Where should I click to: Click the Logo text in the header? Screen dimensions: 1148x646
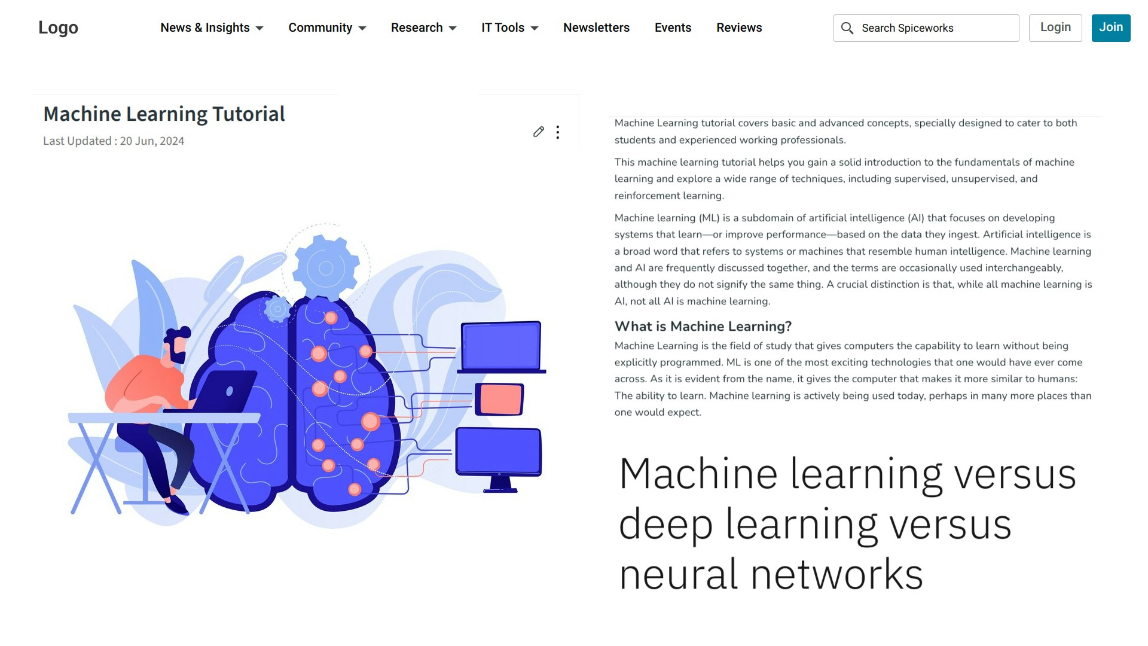click(x=58, y=28)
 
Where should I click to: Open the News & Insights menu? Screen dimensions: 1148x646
click(x=212, y=28)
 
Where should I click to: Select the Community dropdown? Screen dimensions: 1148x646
click(x=327, y=28)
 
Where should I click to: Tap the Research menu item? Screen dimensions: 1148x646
click(x=423, y=28)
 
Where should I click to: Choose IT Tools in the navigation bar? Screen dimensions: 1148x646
click(x=509, y=28)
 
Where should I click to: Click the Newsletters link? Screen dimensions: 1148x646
click(x=596, y=28)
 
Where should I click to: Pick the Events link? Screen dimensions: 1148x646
click(x=673, y=28)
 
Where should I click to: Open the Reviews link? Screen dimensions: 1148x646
click(x=739, y=28)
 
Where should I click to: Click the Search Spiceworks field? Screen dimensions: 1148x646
click(x=926, y=28)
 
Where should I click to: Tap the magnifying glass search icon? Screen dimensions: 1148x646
click(x=847, y=28)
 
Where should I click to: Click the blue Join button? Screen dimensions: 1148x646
click(x=1111, y=28)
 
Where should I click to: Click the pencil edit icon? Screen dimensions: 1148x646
click(x=539, y=132)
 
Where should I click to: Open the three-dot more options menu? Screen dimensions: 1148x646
click(x=558, y=132)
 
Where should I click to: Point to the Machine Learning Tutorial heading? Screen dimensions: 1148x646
click(x=164, y=114)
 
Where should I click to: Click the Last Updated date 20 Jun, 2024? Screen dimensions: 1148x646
click(x=152, y=141)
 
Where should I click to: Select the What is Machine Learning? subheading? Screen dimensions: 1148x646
click(x=703, y=326)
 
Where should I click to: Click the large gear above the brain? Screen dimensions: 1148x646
click(x=326, y=267)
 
